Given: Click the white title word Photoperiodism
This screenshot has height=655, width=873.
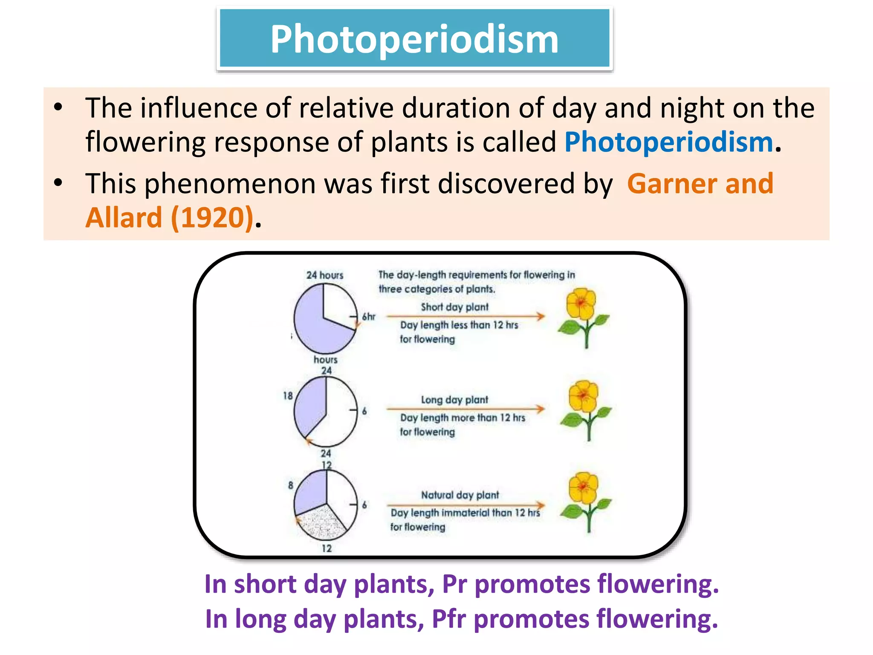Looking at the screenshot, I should (x=414, y=39).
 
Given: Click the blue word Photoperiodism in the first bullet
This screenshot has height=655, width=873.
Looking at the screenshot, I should (x=668, y=142).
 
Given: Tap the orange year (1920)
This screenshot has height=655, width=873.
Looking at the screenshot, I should (x=212, y=217).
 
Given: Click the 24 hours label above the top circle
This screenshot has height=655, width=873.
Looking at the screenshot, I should (x=325, y=275).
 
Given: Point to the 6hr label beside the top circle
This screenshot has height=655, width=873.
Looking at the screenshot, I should (x=369, y=316).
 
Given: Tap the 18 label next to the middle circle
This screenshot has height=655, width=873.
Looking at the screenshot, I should (x=288, y=396).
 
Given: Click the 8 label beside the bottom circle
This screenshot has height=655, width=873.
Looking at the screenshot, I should (x=291, y=485).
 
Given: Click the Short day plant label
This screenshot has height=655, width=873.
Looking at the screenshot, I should (x=454, y=307).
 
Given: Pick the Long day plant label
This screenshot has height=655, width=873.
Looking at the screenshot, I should (x=454, y=400).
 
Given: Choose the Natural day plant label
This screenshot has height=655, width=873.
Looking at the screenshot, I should (x=460, y=495).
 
